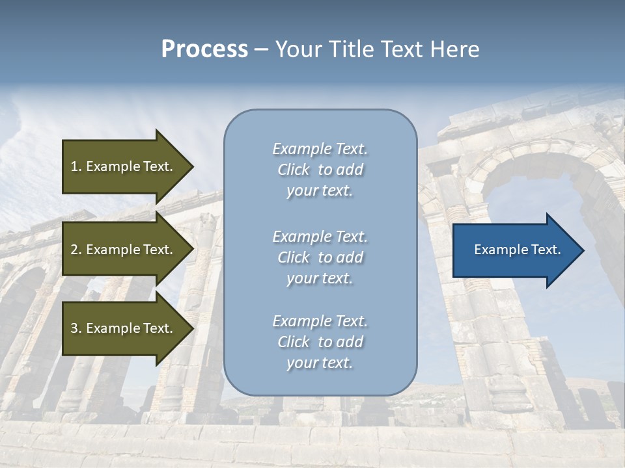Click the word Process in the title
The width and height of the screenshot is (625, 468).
click(x=204, y=49)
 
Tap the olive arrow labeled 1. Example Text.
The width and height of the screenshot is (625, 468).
click(x=124, y=166)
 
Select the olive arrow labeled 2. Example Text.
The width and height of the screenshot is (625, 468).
click(x=124, y=250)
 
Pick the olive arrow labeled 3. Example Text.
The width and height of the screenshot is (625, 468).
click(x=124, y=328)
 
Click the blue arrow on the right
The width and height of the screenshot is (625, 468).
click(x=514, y=250)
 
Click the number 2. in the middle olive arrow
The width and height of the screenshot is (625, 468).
click(x=76, y=250)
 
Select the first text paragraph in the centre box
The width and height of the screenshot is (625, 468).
click(x=320, y=170)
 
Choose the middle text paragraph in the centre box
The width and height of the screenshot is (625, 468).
click(x=320, y=257)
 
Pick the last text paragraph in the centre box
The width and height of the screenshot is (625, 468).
click(x=320, y=342)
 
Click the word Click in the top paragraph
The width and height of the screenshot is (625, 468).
click(x=294, y=170)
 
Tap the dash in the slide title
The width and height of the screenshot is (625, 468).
click(x=261, y=49)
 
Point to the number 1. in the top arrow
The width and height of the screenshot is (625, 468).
click(x=76, y=166)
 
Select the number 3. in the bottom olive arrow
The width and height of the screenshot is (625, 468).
click(x=76, y=328)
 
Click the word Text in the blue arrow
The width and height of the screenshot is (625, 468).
click(x=546, y=250)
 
